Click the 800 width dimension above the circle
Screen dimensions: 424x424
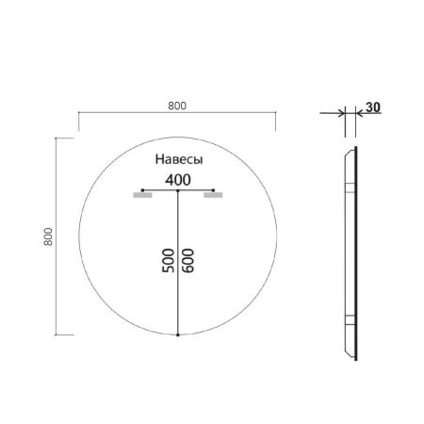coord(176,105)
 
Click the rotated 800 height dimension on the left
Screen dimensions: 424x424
coord(47,236)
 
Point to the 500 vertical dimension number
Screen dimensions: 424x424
coord(167,261)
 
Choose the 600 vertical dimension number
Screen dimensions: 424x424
coord(189,261)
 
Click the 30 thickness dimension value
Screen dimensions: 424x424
coord(373,107)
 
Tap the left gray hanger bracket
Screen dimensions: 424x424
coord(142,197)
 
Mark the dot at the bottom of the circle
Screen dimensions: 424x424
coord(178,334)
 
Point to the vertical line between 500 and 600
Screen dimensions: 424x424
coord(178,283)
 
